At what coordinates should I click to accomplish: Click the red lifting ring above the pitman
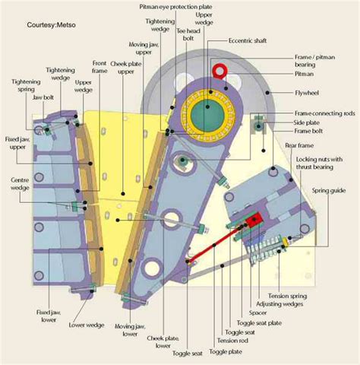pos(220,71)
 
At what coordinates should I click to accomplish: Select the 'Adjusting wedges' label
pos(286,303)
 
